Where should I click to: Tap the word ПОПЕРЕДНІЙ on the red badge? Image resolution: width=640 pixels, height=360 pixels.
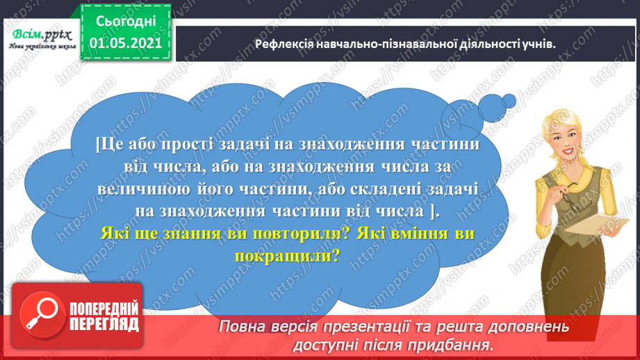coord(104,309)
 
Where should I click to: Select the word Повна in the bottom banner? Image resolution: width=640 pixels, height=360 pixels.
coord(243,327)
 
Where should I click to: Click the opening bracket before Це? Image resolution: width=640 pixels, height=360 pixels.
coord(97,145)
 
